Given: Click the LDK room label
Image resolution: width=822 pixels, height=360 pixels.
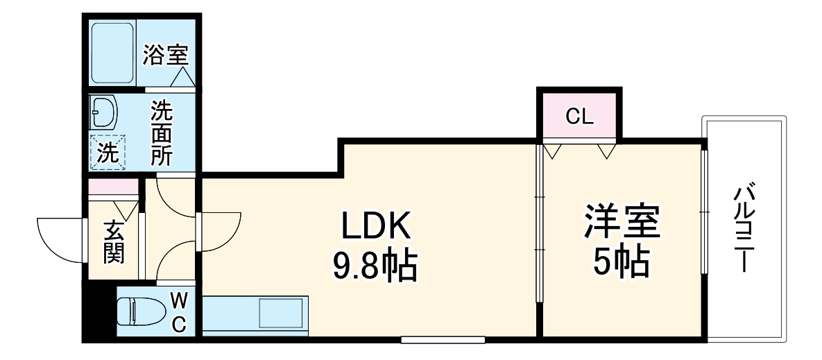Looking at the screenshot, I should coord(375,226).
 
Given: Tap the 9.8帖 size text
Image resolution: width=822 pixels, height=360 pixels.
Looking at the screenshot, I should coord(375,264).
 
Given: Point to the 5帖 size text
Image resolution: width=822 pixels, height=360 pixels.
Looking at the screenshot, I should coord(621,262).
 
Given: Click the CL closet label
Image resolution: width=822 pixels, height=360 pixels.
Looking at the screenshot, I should coord(579,116).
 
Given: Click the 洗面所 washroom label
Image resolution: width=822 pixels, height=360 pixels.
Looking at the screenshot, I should coord(162,133).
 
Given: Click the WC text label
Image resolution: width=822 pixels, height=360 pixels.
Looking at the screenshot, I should coord(178,311).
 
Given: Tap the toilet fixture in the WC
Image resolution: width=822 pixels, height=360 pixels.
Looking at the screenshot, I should coord(136,311).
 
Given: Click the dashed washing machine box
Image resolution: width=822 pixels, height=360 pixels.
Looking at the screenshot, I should coord(108,152).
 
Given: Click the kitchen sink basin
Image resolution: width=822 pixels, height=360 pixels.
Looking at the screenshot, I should coord(281,314).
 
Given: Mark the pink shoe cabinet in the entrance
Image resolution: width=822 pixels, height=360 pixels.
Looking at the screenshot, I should coord(112,187).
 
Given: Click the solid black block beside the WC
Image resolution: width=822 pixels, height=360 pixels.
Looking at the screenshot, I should coord(97,311).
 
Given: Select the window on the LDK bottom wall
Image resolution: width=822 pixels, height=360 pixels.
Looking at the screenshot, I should coord(443,340).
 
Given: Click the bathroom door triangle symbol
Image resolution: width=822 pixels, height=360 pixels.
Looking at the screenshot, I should coord(182,78).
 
